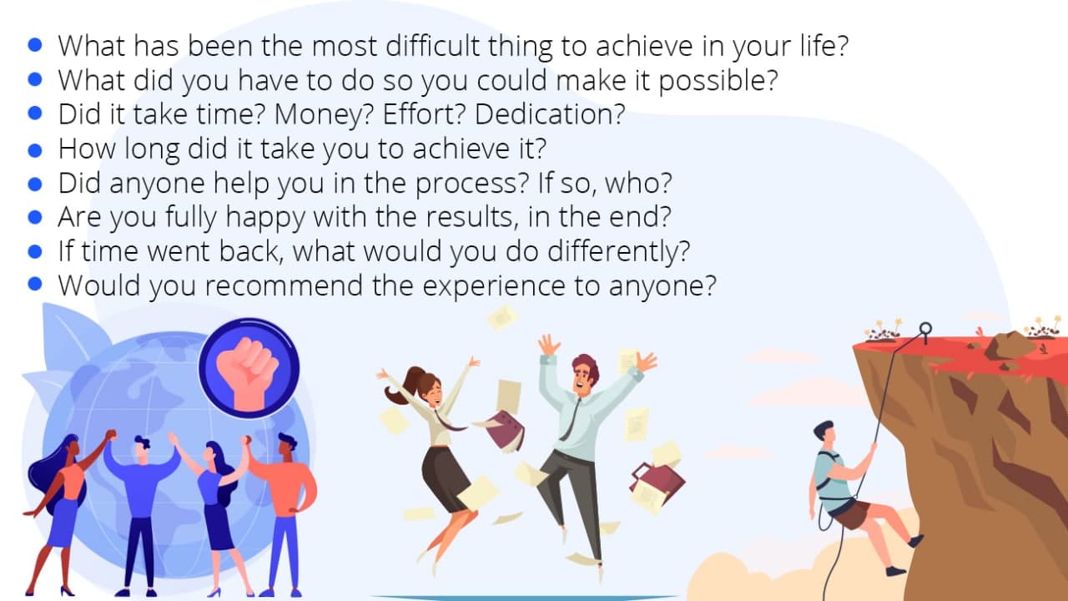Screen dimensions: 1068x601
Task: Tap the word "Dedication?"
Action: click(x=550, y=114)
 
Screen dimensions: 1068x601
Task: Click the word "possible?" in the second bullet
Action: click(x=718, y=81)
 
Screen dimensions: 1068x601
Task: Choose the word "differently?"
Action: click(x=618, y=252)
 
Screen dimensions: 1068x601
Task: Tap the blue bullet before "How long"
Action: click(x=35, y=150)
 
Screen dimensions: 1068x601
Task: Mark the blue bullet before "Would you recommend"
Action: click(x=35, y=284)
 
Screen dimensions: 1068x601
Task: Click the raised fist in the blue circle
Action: click(x=247, y=373)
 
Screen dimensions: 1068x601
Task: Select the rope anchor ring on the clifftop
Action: click(x=925, y=329)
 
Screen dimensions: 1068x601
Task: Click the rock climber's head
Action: click(x=825, y=432)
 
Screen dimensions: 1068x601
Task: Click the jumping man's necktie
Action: click(x=570, y=419)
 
